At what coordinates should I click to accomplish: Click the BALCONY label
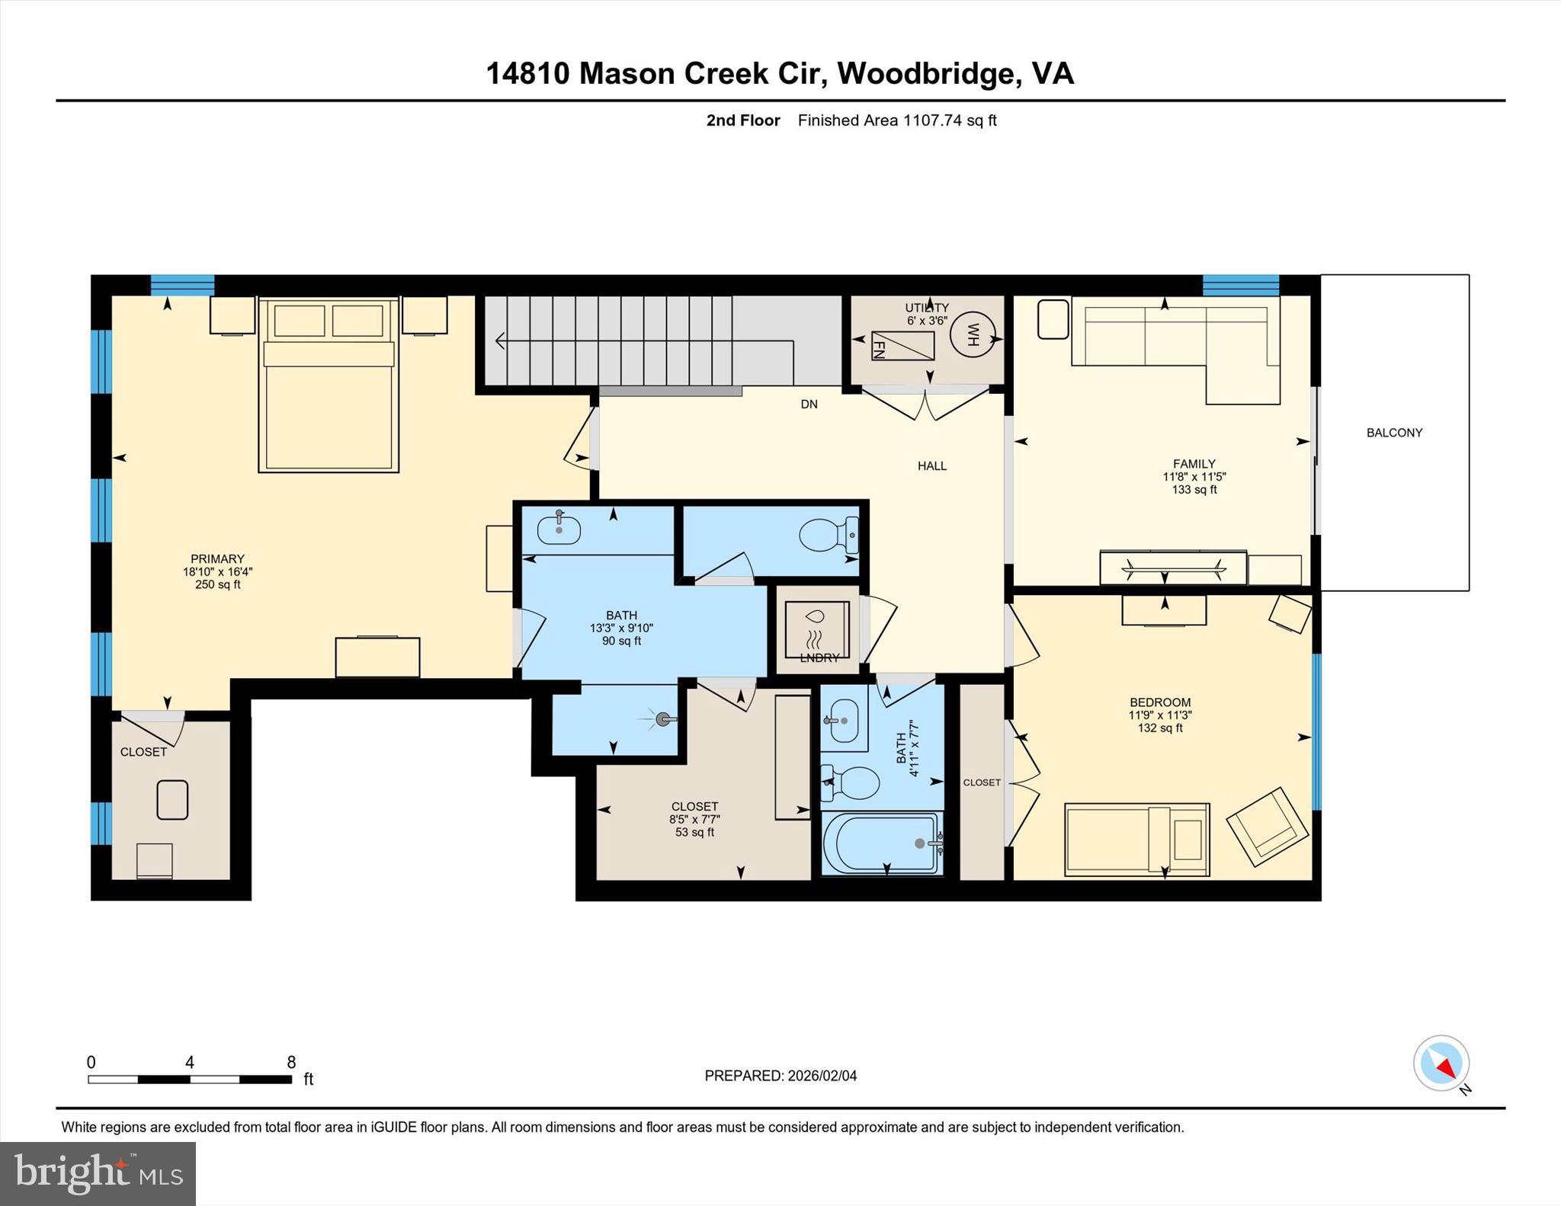click(x=1394, y=433)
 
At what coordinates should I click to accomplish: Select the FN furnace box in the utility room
click(x=902, y=346)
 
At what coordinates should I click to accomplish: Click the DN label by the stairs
click(x=809, y=405)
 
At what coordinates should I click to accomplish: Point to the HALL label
click(x=931, y=466)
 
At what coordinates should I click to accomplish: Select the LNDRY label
click(x=819, y=658)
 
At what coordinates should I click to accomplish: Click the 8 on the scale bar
click(x=291, y=1062)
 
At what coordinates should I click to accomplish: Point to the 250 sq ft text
click(x=217, y=585)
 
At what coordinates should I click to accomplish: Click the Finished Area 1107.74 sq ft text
click(x=897, y=120)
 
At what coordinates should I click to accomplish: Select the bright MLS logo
click(x=98, y=1173)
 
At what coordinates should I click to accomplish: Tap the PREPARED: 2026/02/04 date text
click(x=780, y=1076)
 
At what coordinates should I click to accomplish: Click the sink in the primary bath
click(x=559, y=529)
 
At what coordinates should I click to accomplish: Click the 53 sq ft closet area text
click(x=694, y=833)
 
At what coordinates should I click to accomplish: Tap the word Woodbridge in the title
click(x=928, y=74)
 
